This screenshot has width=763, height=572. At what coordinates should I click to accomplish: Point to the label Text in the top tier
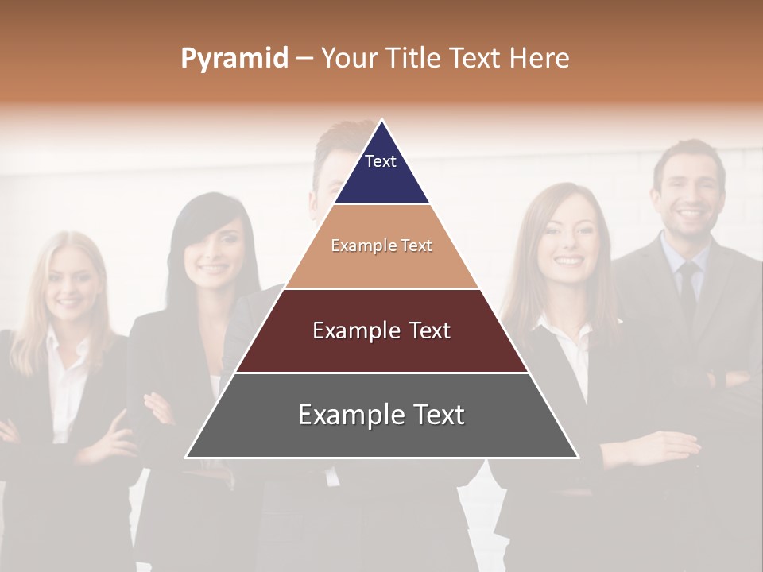click(x=381, y=161)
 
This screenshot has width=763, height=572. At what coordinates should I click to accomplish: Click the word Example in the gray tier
click(x=347, y=415)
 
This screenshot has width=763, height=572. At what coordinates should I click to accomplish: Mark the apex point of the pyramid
click(x=381, y=120)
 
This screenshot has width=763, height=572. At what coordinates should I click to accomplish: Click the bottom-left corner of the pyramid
click(x=186, y=457)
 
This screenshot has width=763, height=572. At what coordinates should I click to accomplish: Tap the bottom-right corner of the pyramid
click(x=578, y=457)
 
